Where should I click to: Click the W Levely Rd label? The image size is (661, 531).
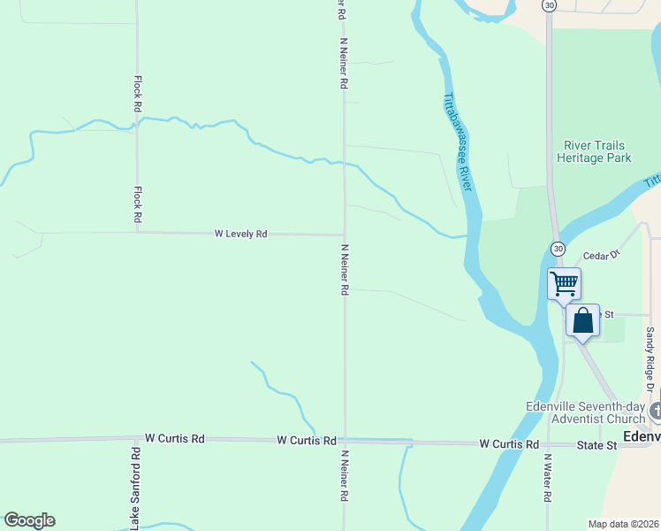240,234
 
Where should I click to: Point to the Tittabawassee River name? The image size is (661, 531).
460,142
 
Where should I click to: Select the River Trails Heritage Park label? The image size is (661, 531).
594,151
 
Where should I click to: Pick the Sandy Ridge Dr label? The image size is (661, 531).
650,359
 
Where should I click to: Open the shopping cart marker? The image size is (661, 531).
564,284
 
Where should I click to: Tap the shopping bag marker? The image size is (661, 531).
582,320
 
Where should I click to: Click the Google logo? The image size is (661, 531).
29,520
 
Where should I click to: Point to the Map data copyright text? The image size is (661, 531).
624,523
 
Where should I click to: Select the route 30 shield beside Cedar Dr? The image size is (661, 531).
558,249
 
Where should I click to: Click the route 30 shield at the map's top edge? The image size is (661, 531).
550,5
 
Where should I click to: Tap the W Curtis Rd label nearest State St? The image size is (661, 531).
509,443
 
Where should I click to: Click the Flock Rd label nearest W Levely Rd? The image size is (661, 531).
138,204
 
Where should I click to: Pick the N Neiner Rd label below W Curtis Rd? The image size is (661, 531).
346,477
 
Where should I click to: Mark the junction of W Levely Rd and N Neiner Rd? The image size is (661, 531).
345,235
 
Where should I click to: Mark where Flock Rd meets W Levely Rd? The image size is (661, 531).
137,233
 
